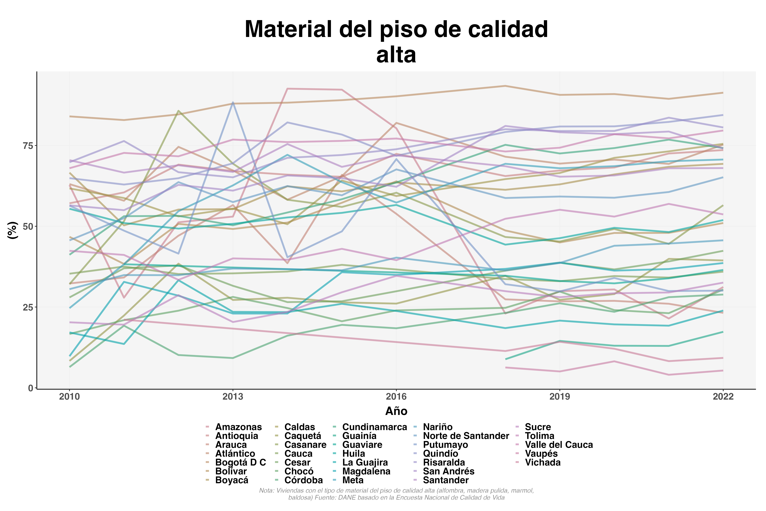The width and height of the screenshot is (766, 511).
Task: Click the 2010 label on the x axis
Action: [x=69, y=397]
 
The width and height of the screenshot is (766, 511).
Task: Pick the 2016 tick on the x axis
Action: [x=396, y=397]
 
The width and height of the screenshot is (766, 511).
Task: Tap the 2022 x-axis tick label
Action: [x=723, y=397]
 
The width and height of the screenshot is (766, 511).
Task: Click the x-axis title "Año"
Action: [x=396, y=411]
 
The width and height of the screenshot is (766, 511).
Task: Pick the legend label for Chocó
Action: [x=299, y=471]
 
